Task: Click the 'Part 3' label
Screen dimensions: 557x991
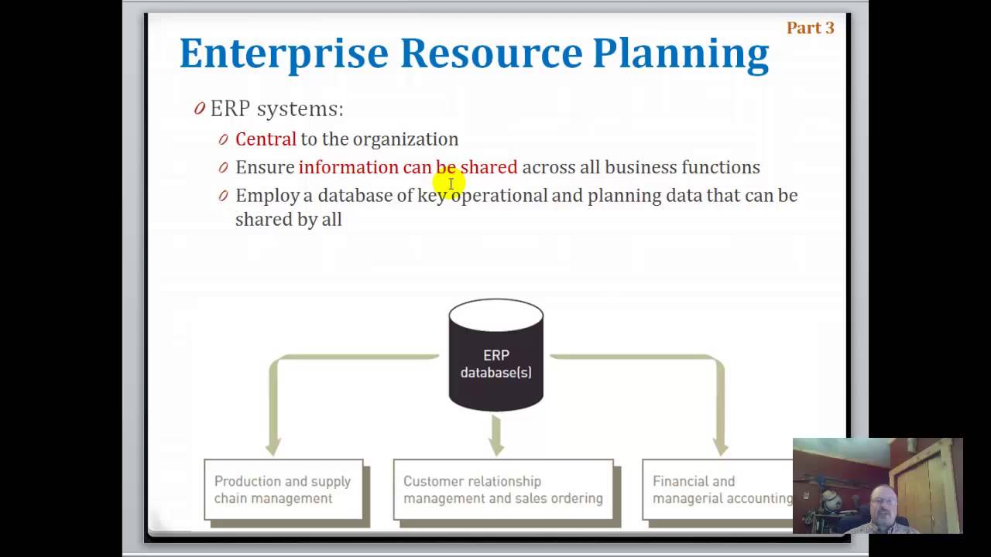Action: [810, 28]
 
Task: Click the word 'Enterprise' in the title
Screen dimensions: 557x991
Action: [283, 54]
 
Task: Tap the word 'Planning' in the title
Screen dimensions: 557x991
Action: [681, 54]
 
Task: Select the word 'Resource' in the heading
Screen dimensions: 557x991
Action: [490, 54]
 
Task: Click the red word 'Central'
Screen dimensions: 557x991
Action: [266, 139]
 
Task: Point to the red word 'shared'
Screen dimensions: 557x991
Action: [489, 167]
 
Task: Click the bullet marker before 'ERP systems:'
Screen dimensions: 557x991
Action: [200, 108]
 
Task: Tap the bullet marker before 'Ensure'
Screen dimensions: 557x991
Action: [223, 167]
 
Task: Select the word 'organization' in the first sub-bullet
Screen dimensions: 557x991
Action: [406, 139]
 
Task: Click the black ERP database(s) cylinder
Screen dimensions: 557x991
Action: [496, 364]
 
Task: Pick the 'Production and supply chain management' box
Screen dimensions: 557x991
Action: [283, 490]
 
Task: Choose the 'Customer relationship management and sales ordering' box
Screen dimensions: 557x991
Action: [502, 490]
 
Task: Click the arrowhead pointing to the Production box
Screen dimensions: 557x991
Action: [273, 446]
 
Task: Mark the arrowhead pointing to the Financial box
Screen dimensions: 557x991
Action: [720, 446]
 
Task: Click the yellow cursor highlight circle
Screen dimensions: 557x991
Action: [450, 184]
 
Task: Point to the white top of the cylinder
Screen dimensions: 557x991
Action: [496, 313]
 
